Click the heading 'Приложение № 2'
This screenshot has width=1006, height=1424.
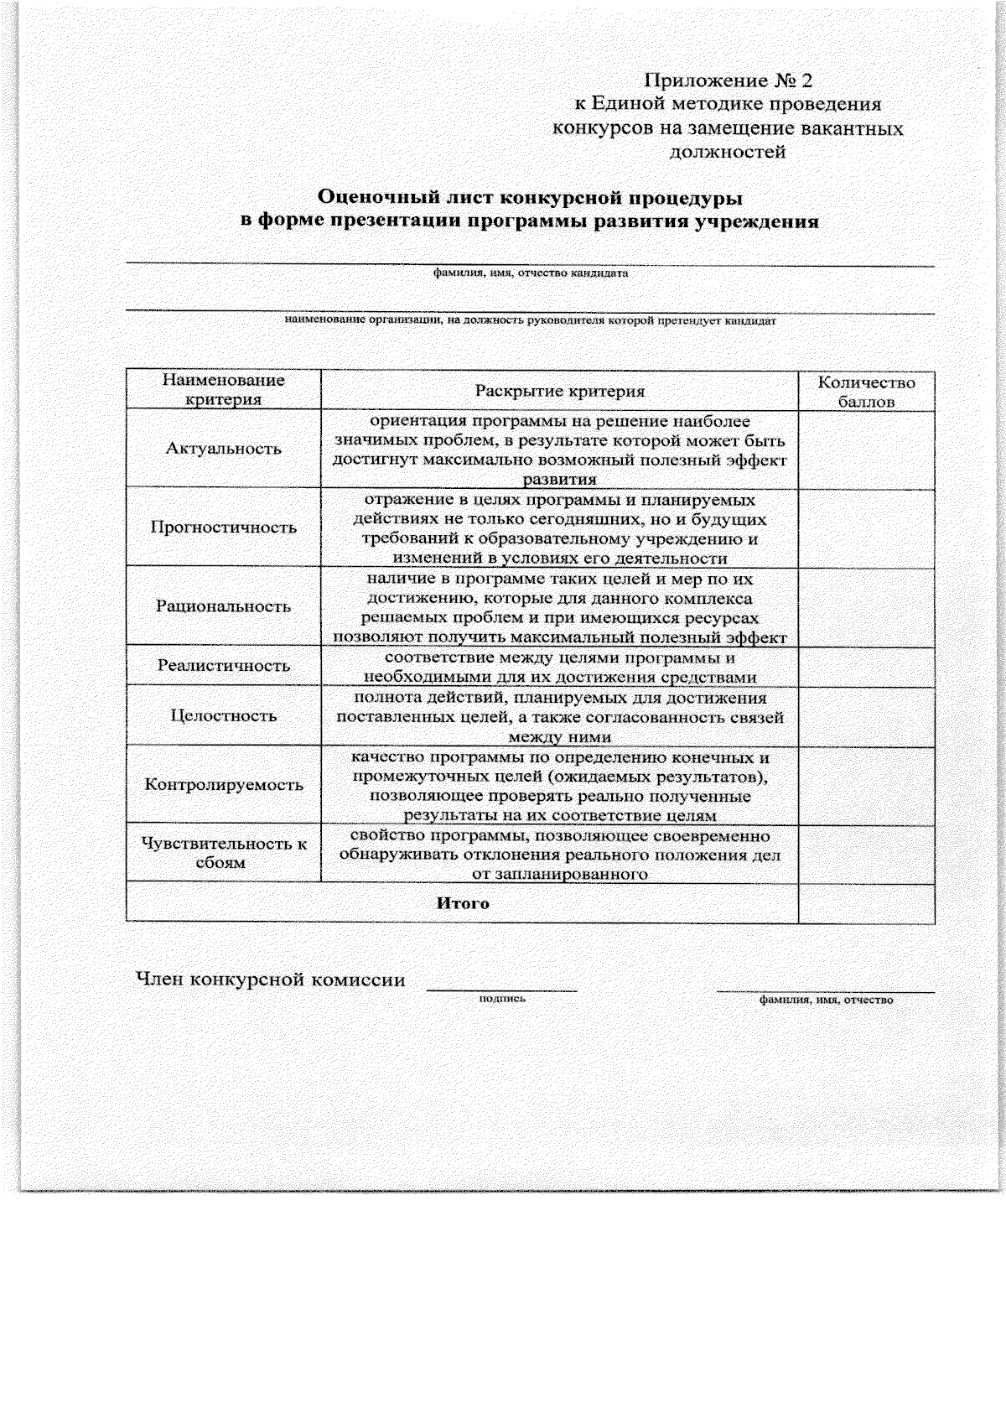point(728,81)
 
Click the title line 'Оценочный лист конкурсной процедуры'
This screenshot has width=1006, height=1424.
point(530,199)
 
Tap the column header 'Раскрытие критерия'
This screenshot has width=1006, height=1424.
point(559,391)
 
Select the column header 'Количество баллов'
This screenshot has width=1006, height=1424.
point(866,392)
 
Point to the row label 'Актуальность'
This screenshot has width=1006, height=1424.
point(223,449)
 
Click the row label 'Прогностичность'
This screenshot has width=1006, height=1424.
point(223,528)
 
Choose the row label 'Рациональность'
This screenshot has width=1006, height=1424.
point(223,606)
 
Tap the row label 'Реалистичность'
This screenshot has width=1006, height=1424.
point(223,666)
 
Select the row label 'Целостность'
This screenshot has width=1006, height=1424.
point(223,716)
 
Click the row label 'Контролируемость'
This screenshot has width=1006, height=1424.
point(223,786)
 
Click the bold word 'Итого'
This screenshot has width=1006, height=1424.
point(463,904)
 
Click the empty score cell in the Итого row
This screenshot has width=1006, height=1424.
point(866,902)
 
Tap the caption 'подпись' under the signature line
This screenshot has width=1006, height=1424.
point(501,999)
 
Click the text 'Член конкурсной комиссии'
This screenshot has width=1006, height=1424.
point(271,980)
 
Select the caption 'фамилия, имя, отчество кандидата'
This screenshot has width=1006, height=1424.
point(530,273)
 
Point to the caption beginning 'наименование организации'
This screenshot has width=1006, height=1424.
point(530,320)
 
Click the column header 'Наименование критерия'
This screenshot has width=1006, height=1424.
point(223,390)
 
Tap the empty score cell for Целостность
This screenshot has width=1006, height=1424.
point(866,716)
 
